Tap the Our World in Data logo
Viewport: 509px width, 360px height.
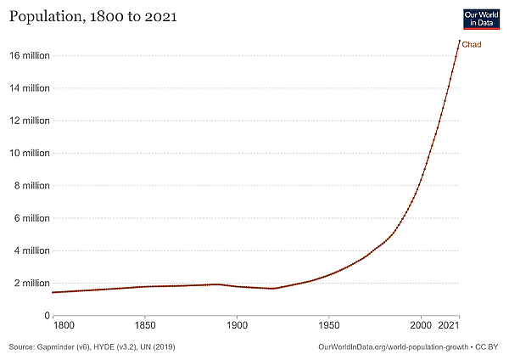(480, 20)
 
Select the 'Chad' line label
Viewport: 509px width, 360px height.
(472, 44)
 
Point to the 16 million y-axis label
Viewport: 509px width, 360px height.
(30, 56)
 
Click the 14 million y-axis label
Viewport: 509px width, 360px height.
(30, 88)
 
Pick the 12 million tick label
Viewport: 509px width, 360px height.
(30, 121)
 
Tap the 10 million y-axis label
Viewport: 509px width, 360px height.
(30, 154)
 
